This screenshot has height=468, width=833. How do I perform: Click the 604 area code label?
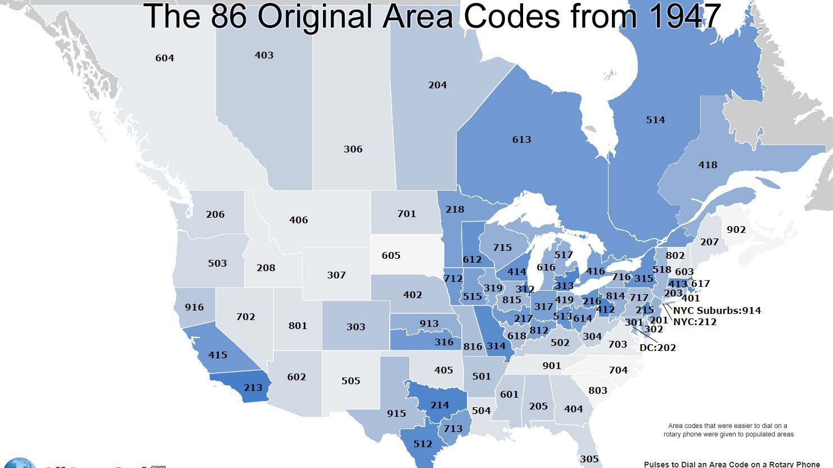165,58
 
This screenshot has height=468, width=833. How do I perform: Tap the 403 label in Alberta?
264,55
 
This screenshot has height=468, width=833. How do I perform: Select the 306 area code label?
353,149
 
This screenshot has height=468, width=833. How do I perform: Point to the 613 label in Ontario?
521,139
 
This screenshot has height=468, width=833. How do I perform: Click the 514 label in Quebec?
655,120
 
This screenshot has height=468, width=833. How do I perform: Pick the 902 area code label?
736,229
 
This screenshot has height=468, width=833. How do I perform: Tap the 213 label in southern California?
253,388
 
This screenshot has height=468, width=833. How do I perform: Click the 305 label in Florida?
589,459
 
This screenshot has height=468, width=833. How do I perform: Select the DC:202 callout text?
658,348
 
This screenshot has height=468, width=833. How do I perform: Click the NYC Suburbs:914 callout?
717,310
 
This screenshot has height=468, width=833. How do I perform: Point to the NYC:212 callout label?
695,322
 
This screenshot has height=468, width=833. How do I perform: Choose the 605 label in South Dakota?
391,255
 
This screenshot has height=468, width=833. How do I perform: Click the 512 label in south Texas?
422,444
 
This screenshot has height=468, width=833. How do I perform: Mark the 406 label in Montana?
299,220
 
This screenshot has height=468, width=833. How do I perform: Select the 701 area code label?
407,214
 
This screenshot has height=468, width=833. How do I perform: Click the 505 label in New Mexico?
350,381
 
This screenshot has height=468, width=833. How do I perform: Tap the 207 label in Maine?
709,242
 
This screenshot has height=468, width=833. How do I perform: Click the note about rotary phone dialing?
728,430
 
